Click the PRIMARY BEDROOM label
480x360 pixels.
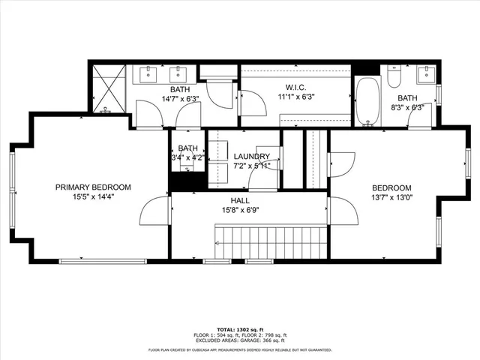click(x=94, y=187)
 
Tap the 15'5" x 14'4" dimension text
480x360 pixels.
click(x=94, y=198)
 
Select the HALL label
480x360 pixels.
click(x=240, y=201)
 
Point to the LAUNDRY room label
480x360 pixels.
click(x=251, y=156)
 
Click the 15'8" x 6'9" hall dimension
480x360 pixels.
click(x=240, y=211)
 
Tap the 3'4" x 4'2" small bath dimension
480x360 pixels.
click(x=187, y=158)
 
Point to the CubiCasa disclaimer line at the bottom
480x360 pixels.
click(x=240, y=349)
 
